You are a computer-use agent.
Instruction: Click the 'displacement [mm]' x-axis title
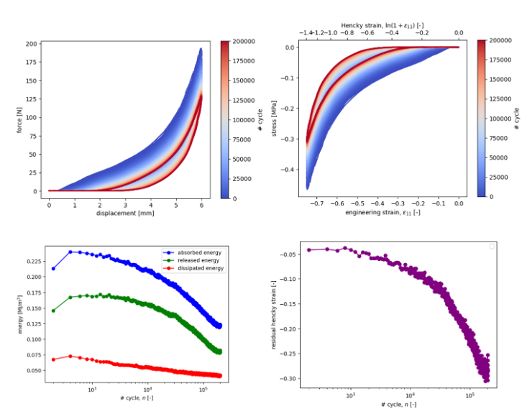tap(125, 213)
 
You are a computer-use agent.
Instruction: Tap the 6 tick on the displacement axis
tap(201, 206)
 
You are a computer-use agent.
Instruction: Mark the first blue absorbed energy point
tap(53, 268)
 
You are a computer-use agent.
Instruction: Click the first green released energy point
tap(53, 310)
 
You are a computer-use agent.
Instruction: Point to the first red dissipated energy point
tap(53, 359)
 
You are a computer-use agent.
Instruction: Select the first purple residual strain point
tap(309, 249)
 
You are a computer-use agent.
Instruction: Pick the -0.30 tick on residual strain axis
tap(290, 378)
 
